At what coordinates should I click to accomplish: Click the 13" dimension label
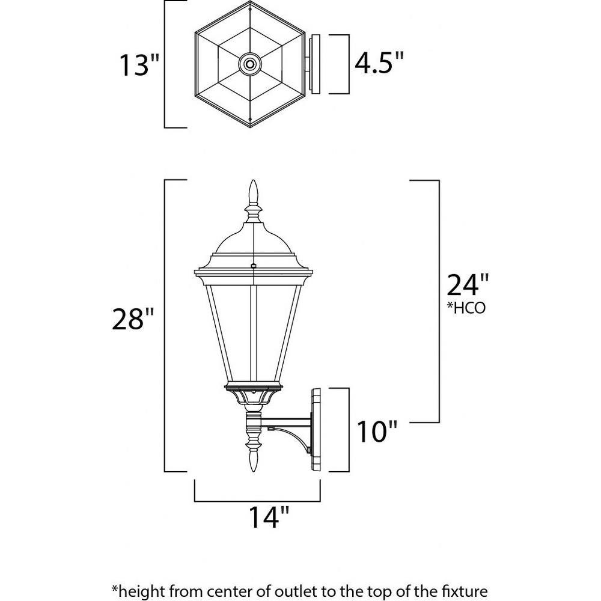(x=139, y=65)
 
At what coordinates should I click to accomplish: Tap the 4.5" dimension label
(x=379, y=63)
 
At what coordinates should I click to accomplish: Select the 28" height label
(x=133, y=319)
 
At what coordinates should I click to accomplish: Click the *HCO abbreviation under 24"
(x=466, y=308)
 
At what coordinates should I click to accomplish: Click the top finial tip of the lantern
(x=253, y=180)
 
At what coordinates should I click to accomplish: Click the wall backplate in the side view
(x=316, y=430)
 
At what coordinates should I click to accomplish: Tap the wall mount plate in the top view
(x=314, y=64)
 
